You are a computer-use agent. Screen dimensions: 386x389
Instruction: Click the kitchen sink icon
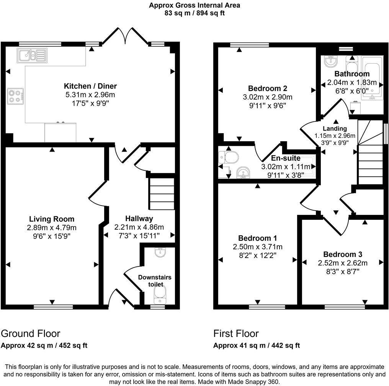pyautogui.click(x=32, y=56)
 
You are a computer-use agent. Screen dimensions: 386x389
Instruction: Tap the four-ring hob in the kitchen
pyautogui.click(x=15, y=95)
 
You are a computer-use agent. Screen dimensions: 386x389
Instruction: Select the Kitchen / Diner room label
pyautogui.click(x=90, y=86)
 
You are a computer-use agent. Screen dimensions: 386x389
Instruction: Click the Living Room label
pyautogui.click(x=52, y=219)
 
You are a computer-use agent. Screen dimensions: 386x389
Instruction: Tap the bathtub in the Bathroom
pyautogui.click(x=371, y=79)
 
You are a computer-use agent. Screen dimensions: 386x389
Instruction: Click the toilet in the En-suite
pyautogui.click(x=229, y=157)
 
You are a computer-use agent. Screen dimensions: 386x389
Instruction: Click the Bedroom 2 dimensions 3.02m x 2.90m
pyautogui.click(x=267, y=97)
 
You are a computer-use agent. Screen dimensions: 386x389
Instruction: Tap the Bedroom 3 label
pyautogui.click(x=343, y=254)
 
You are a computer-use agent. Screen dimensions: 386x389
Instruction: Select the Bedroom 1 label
pyautogui.click(x=258, y=238)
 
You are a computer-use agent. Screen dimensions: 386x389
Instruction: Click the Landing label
pyautogui.click(x=335, y=129)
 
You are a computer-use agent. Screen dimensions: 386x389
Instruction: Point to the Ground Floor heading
pyautogui.click(x=31, y=333)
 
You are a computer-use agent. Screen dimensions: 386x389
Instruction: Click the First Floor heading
pyautogui.click(x=236, y=333)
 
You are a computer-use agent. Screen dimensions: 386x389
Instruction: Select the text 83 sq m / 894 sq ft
pyautogui.click(x=195, y=13)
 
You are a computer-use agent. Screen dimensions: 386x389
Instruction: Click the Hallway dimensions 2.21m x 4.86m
pyautogui.click(x=139, y=227)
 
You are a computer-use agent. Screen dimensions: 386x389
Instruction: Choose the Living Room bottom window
pyautogui.click(x=53, y=307)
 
